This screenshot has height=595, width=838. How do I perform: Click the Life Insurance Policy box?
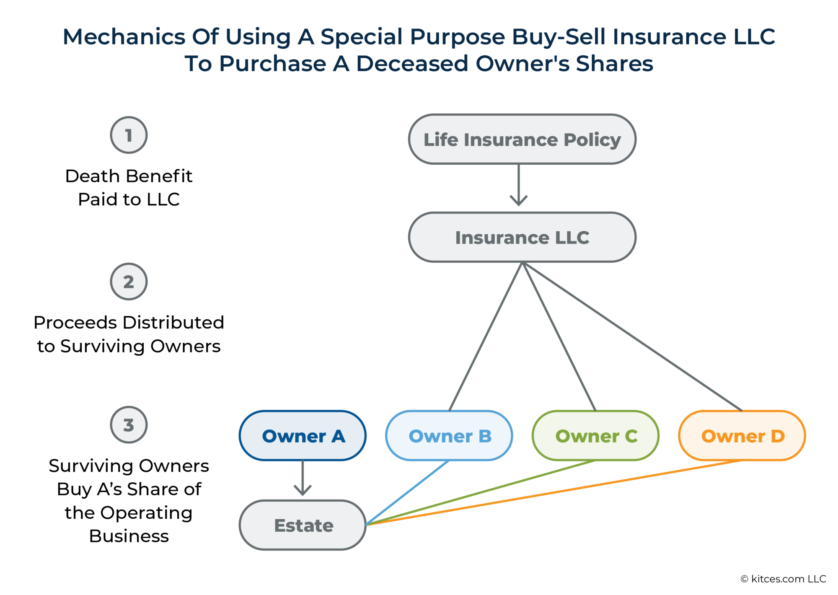point(522,139)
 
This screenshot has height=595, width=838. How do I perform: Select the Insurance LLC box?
point(522,237)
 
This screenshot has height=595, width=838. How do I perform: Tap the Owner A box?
point(303,436)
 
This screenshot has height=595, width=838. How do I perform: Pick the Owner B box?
point(449,436)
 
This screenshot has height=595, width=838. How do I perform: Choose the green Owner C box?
point(595,436)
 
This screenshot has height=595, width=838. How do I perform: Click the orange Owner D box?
point(742,436)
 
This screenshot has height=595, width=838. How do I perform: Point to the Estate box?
point(303,525)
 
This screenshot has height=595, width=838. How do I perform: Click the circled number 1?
point(129,135)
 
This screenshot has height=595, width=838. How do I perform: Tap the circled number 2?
point(129,282)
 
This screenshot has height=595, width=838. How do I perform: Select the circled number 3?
point(129,425)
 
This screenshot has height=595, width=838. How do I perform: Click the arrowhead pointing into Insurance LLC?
point(519,200)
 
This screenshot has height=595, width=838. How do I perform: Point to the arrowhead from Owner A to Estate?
point(303,490)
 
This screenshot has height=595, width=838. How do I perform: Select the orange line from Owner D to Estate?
point(553,493)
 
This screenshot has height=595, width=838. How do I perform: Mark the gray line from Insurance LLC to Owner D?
point(632,336)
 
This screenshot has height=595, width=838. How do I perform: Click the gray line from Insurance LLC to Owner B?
point(486,336)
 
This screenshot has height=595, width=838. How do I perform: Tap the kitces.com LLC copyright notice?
point(783,579)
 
